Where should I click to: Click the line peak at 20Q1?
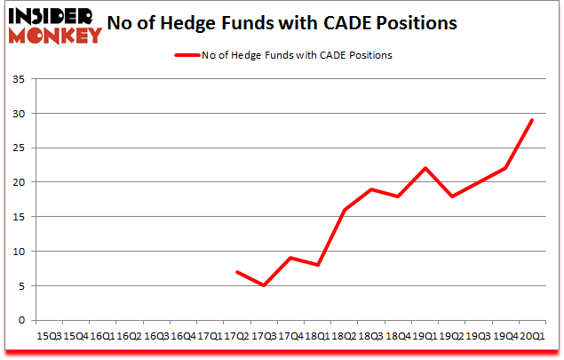point(532,120)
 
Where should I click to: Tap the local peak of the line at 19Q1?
point(425,168)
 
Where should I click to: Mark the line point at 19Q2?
point(452,196)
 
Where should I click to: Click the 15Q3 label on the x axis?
point(49,336)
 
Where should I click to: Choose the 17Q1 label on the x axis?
point(209,336)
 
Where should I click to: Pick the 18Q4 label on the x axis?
point(399,336)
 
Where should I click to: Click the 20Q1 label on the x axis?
point(532,336)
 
